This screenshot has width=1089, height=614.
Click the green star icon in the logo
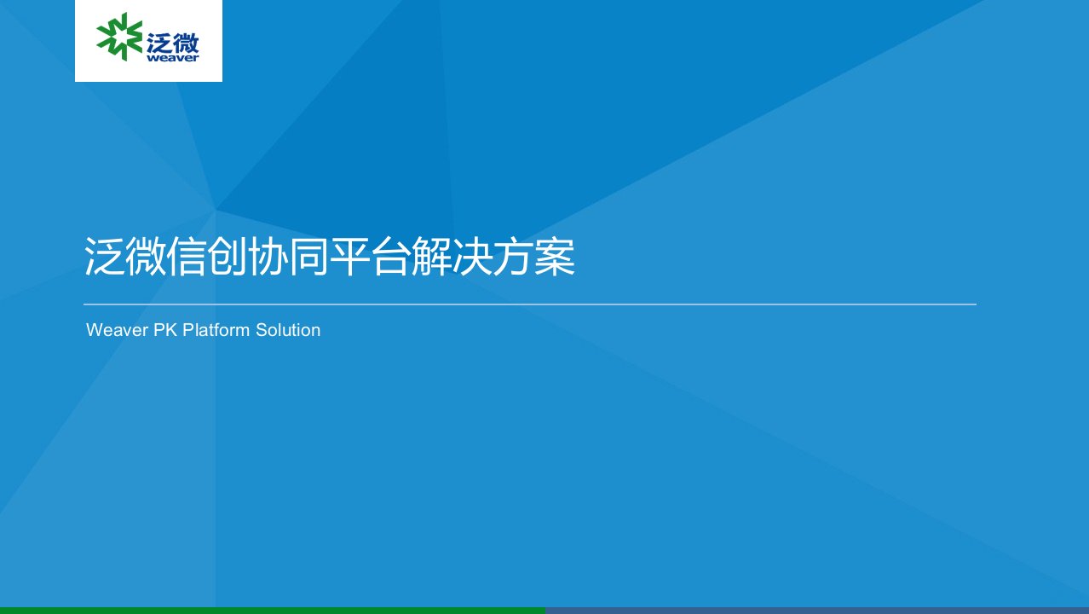point(119,37)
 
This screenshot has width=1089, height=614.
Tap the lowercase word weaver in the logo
point(173,58)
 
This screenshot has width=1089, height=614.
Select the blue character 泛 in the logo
point(158,43)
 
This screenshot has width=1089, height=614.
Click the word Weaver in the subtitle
point(117,330)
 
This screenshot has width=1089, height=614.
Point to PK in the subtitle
point(165,330)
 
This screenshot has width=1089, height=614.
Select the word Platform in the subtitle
point(216,330)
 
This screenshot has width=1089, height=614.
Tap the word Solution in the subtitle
point(288,330)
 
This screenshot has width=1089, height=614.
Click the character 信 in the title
point(187,257)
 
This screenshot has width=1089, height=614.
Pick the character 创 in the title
point(227,257)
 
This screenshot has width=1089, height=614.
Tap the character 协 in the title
point(268,257)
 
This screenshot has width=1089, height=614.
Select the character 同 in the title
point(308,257)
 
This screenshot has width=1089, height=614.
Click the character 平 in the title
point(349,257)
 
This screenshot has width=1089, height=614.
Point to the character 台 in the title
point(390,257)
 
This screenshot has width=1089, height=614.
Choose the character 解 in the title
point(431,257)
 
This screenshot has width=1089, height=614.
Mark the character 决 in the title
point(472,257)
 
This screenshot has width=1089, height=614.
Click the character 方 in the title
point(513,257)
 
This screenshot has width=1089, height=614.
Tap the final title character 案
point(554,257)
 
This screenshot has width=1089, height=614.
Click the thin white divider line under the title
point(530,304)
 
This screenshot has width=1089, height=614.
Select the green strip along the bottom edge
point(273,611)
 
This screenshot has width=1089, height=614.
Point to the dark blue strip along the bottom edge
point(816,611)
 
